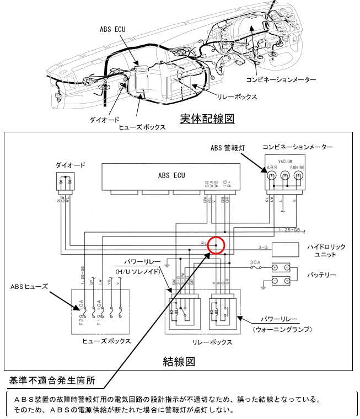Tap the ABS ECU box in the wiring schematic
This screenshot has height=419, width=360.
click(x=171, y=176)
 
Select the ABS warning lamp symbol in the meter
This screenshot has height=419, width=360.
click(x=272, y=176)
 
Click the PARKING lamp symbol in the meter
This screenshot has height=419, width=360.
click(x=299, y=176)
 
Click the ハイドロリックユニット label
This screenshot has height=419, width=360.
click(x=322, y=251)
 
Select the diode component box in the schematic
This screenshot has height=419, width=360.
click(x=65, y=181)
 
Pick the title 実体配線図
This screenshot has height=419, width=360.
click(x=207, y=119)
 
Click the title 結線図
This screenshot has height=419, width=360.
click(x=179, y=362)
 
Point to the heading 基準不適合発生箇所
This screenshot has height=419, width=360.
click(x=51, y=381)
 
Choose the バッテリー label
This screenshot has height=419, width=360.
click(x=323, y=275)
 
